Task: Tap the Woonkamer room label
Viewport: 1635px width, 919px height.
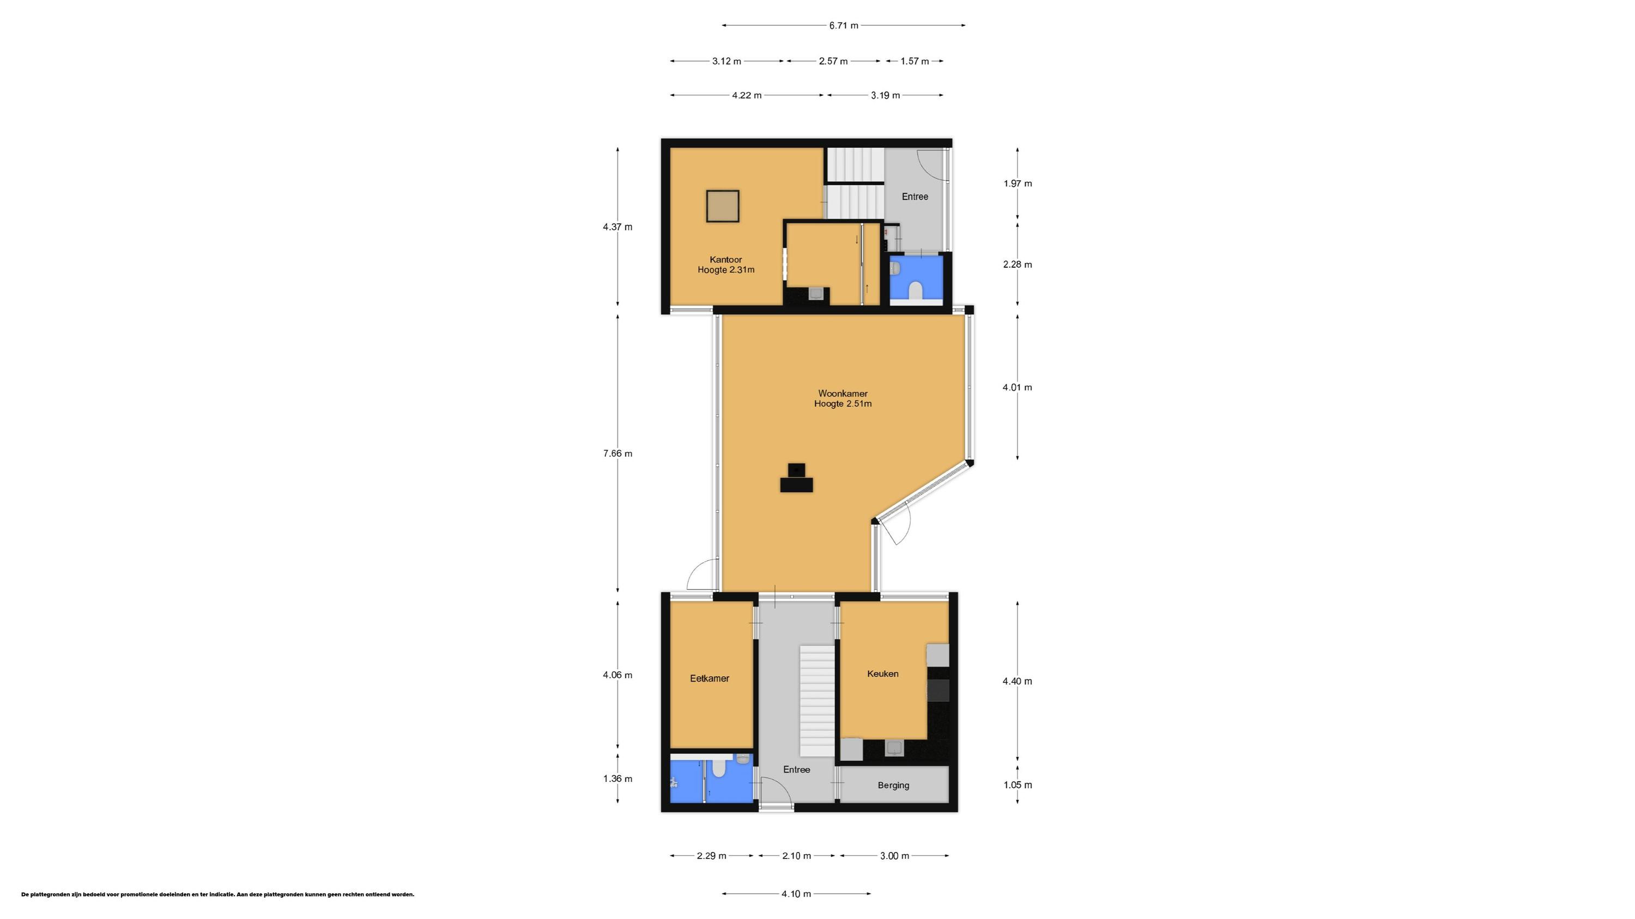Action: (842, 394)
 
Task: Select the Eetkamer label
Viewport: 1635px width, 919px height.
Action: (709, 678)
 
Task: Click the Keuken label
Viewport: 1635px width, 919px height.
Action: (882, 674)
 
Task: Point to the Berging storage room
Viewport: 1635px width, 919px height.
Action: (893, 786)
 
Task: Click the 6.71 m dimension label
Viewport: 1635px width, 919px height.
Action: (843, 26)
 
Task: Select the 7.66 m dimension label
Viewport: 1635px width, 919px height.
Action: (617, 454)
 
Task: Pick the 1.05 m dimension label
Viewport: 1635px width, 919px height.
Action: (1017, 785)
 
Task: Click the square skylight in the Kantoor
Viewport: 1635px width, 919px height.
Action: (722, 207)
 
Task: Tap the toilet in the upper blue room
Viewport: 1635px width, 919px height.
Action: (915, 291)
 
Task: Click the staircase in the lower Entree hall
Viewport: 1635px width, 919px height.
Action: (816, 700)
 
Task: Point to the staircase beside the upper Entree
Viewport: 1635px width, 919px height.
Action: (853, 184)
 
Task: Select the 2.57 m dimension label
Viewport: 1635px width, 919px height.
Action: (833, 62)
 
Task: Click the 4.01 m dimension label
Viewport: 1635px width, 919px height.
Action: (1017, 388)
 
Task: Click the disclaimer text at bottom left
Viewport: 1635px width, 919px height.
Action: (217, 895)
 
